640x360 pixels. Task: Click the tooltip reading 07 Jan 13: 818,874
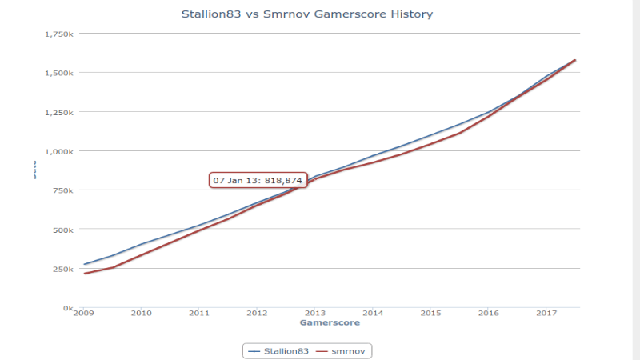click(258, 181)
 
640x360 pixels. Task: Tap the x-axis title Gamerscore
click(329, 323)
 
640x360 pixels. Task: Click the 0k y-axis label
click(69, 308)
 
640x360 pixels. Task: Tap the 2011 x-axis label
click(199, 314)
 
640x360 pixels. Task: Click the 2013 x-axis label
click(315, 314)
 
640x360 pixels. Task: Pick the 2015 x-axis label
click(431, 314)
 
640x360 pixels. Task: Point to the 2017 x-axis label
click(546, 314)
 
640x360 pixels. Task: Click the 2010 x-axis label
click(142, 314)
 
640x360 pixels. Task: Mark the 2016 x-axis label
click(489, 314)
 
